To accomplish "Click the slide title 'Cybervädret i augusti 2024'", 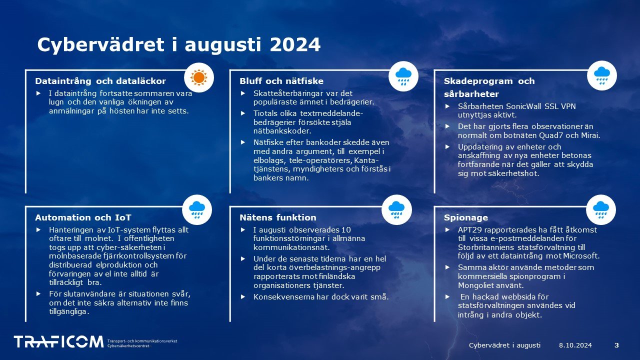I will (178, 45).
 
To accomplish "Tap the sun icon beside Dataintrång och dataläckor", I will (198, 77).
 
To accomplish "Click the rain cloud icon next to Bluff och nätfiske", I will (403, 76).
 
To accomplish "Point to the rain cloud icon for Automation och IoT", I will (197, 209).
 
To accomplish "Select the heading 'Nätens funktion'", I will (277, 217).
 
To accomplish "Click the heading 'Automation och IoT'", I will (83, 217).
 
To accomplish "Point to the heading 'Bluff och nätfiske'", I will (281, 81).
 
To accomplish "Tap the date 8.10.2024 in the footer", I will (575, 345).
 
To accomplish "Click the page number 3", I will (616, 345).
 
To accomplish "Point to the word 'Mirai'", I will (589, 135).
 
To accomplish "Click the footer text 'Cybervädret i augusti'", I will (505, 345).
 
